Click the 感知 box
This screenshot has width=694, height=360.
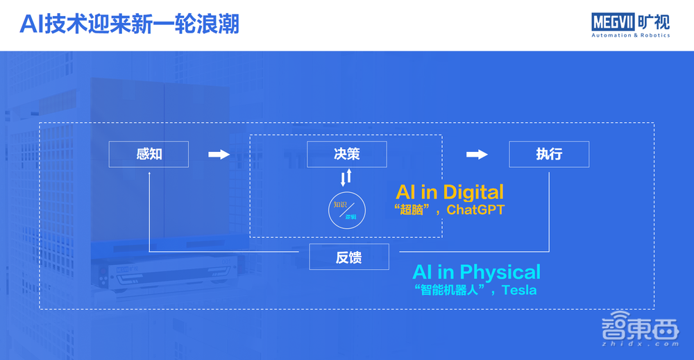pyautogui.click(x=149, y=154)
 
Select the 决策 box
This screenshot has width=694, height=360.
pyautogui.click(x=346, y=154)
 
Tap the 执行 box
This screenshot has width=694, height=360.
pyautogui.click(x=549, y=154)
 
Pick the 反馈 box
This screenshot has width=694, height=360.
pyautogui.click(x=348, y=258)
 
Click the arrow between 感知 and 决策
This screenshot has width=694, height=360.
pyautogui.click(x=219, y=155)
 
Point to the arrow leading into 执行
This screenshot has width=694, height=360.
pyautogui.click(x=477, y=155)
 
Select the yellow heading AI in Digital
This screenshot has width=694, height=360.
pyautogui.click(x=450, y=191)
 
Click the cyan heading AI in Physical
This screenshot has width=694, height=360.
pyautogui.click(x=476, y=271)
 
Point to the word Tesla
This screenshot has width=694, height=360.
pyautogui.click(x=518, y=290)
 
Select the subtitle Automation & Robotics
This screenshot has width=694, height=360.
pyautogui.click(x=630, y=35)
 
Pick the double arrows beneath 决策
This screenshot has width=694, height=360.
pyautogui.click(x=346, y=177)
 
